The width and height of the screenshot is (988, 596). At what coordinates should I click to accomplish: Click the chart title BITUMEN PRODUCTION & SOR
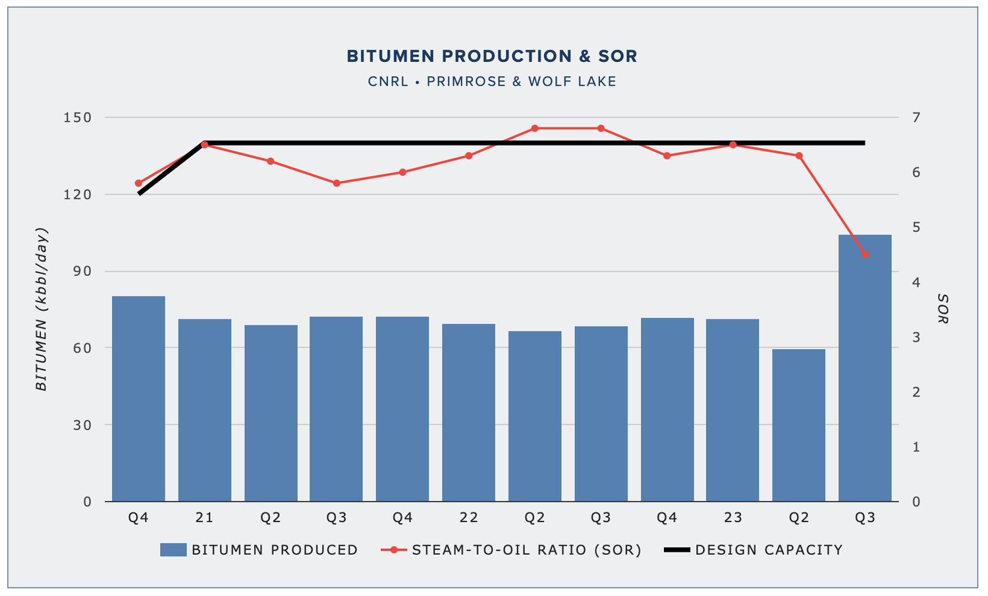coord(492,57)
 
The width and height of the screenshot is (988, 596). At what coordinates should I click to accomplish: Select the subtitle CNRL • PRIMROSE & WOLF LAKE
coord(492,82)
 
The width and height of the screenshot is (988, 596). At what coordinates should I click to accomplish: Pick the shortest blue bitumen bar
coord(798,425)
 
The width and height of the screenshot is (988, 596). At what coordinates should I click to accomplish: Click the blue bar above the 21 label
coord(205,410)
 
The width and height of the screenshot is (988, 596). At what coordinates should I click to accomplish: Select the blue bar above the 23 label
coord(732,410)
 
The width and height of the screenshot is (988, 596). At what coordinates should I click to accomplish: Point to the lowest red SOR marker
coord(865,254)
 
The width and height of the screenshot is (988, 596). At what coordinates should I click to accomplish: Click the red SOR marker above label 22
coord(469,156)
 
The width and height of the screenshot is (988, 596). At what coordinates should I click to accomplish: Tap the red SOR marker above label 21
coord(205,144)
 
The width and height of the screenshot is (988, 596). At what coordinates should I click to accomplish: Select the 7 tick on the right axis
coord(916,117)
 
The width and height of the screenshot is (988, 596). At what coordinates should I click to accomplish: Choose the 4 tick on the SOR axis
coord(916,283)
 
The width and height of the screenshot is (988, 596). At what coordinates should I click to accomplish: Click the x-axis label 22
coord(469,518)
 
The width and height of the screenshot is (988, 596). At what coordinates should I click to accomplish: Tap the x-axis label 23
coord(732,518)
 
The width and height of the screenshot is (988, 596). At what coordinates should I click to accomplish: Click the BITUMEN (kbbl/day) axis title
coord(41,309)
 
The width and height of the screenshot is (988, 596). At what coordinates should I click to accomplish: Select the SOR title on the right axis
coord(943,309)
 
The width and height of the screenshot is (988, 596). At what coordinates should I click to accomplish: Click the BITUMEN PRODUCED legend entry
coord(259,550)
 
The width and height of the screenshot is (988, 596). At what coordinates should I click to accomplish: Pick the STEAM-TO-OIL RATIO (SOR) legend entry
coord(511,550)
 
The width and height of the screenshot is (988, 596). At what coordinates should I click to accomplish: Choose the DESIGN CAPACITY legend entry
coord(753,550)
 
